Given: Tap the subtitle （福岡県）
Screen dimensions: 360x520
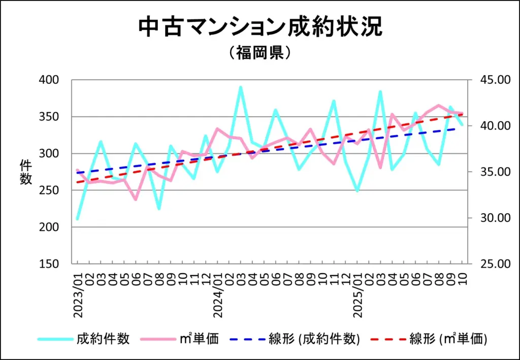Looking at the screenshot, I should coord(260,53).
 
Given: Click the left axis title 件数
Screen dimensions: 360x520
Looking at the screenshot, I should coord(25,172).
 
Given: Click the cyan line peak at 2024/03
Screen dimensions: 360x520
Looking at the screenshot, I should coord(241,87).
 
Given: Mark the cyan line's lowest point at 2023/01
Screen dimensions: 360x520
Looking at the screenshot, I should coord(77,219).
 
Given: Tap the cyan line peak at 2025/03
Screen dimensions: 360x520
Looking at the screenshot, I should coord(380,92).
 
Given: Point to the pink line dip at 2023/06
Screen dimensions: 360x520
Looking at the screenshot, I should coord(136,200).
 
